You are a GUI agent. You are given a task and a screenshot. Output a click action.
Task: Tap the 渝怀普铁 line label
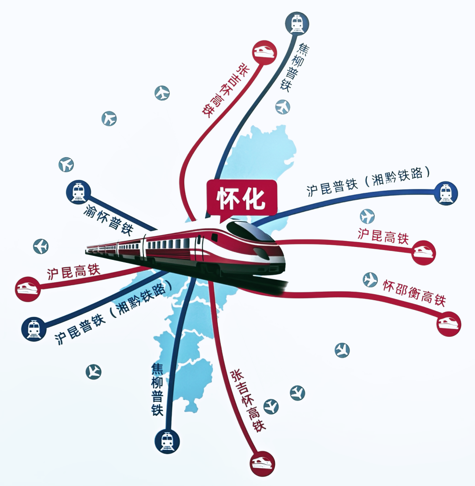109,220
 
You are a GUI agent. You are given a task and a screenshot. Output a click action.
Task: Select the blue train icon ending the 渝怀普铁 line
79,192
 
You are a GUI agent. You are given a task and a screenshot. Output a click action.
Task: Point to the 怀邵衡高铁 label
414,293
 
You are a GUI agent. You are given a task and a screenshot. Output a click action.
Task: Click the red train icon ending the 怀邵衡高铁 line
449,324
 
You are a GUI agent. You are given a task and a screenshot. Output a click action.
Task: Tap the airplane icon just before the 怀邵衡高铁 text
370,280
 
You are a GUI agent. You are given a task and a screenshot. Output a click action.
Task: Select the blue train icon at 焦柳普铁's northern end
297,22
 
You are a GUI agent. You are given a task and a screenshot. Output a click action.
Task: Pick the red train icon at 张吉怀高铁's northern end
265,52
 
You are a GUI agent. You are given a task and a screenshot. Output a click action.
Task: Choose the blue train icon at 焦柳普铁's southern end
167,442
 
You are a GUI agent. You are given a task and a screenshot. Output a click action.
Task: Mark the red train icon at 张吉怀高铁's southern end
263,464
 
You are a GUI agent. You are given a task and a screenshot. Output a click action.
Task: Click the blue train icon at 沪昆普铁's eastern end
445,193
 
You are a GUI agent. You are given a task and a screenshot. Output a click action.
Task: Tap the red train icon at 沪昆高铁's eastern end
423,253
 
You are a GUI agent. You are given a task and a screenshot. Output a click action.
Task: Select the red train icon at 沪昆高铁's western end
28,289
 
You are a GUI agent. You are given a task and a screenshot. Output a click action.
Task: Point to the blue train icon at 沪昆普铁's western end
34,329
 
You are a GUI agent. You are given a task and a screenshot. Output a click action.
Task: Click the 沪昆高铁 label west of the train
74,272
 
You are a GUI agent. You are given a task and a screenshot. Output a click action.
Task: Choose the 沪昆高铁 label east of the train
384,236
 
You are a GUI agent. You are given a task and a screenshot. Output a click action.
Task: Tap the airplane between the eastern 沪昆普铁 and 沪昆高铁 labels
367,216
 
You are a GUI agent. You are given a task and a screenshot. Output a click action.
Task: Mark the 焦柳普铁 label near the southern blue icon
157,389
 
